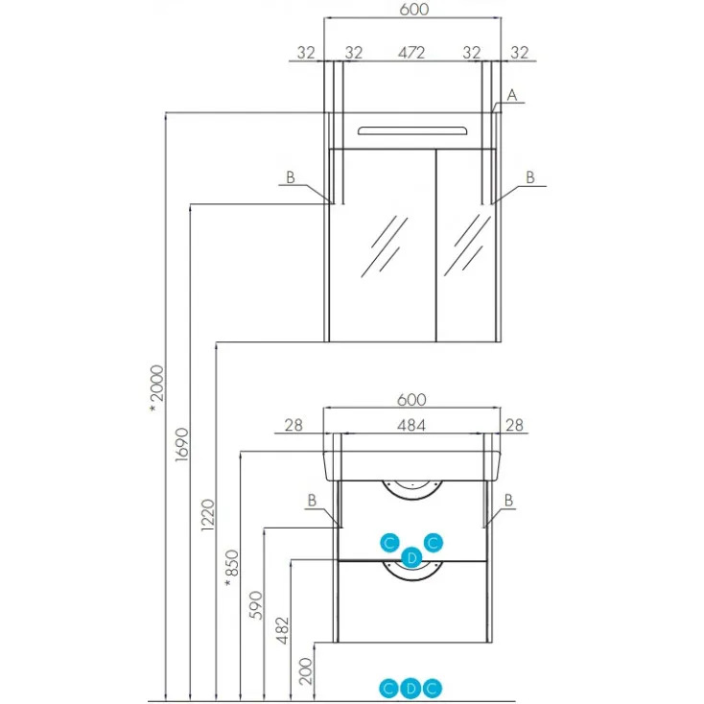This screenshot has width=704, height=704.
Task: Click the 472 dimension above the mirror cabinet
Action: pos(411,54)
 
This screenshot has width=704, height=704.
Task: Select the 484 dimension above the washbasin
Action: pos(411,425)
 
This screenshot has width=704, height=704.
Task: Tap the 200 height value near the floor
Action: pos(306,668)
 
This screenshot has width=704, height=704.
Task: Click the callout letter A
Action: pos(512,95)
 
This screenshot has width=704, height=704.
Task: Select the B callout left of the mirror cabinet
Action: pos(290,176)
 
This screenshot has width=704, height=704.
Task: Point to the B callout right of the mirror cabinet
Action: pos(529,176)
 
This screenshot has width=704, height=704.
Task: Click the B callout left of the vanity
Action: pos(312,500)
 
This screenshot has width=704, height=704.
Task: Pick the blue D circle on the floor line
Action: pos(411,687)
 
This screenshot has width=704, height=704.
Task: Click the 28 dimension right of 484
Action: pos(514,425)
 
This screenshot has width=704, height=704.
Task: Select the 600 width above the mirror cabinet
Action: pos(411,10)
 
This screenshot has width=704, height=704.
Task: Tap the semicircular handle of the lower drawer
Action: pos(411,572)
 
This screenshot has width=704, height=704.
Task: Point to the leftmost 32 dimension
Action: pos(306,54)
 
